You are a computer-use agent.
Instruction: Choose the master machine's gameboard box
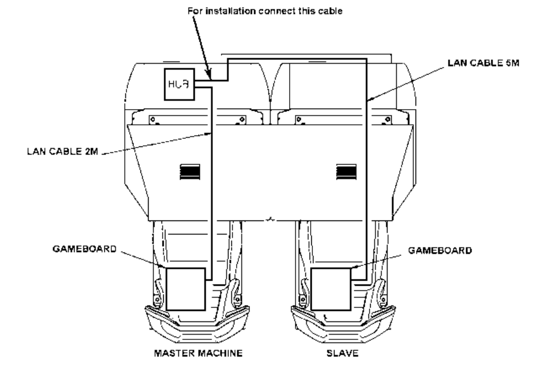point(186,289)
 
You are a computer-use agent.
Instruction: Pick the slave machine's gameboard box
point(330,289)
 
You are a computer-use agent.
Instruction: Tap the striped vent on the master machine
point(190,171)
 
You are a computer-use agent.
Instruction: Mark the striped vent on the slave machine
point(345,171)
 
